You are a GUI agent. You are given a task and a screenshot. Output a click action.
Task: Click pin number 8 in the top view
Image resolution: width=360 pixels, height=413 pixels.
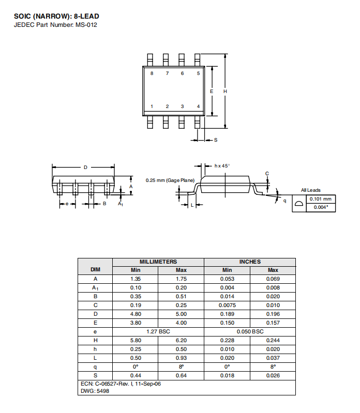(x=152, y=73)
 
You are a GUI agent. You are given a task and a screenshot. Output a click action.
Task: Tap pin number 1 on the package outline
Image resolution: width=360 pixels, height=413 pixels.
(x=152, y=106)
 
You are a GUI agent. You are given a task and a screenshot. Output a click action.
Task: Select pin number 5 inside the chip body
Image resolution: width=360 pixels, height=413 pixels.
(x=199, y=73)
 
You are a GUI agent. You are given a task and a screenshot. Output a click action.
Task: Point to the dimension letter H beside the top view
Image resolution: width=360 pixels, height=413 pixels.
(x=225, y=91)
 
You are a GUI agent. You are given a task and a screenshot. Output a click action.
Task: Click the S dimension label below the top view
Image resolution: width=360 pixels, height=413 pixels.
(x=216, y=140)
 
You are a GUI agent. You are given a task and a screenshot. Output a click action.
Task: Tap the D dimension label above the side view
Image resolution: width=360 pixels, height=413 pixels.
(x=85, y=167)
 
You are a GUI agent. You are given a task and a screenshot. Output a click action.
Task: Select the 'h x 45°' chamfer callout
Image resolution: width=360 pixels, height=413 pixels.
(x=222, y=166)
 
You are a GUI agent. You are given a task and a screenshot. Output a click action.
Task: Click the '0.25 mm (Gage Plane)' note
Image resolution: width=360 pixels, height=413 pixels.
(x=170, y=180)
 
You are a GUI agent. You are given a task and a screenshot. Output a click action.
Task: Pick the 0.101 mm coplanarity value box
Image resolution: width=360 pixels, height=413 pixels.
(x=321, y=199)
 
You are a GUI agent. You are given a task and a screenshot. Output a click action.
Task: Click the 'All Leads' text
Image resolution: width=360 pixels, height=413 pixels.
(x=311, y=190)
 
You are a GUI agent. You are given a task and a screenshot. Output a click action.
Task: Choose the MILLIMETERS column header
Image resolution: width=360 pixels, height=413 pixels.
(x=158, y=262)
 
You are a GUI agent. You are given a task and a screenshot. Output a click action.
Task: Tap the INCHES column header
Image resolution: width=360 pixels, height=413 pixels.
(x=250, y=262)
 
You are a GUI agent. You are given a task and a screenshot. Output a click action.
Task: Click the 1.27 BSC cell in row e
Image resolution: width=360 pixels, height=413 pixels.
(x=158, y=331)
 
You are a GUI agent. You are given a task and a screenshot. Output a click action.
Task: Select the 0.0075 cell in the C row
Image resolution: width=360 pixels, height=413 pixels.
(x=227, y=305)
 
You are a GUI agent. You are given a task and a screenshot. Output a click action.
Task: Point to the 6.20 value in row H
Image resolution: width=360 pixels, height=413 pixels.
(x=182, y=340)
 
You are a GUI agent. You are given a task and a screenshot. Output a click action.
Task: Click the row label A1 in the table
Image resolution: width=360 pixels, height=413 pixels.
(x=95, y=288)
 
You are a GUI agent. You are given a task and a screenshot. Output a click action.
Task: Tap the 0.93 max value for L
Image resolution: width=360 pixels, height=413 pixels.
(x=182, y=358)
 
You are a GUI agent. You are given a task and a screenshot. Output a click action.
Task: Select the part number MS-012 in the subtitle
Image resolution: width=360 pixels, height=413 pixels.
(x=86, y=25)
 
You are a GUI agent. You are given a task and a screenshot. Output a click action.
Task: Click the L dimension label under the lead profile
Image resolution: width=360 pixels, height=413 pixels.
(x=192, y=205)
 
